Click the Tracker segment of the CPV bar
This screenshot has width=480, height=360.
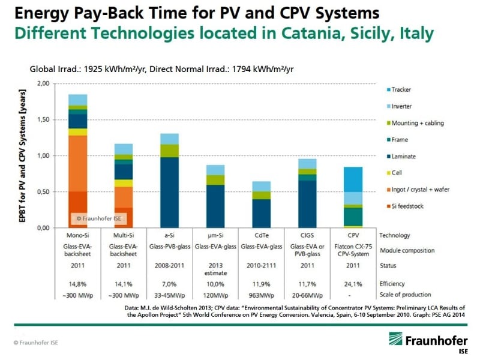(353, 179)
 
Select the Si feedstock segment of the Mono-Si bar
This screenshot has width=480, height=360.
(78, 209)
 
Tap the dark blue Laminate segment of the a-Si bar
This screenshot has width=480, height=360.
(170, 193)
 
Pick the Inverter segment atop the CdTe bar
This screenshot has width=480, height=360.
(262, 187)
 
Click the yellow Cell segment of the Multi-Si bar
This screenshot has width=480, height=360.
(124, 183)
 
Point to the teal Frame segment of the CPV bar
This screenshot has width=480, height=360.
(353, 217)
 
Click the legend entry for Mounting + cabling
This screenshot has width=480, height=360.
(415, 123)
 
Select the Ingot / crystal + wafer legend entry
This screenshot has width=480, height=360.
(418, 190)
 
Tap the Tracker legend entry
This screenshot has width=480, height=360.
(399, 89)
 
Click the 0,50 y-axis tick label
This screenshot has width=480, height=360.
(43, 192)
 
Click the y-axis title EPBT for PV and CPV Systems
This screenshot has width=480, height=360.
(22, 156)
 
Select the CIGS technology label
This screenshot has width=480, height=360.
(307, 235)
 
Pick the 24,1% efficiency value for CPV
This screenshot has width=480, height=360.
(353, 284)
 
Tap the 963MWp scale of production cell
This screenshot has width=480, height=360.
(262, 295)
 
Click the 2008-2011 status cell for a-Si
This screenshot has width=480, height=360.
(169, 265)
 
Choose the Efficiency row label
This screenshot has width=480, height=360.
(392, 284)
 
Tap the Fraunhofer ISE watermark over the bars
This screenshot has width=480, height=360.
(99, 218)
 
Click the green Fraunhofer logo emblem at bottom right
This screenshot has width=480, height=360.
(395, 338)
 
